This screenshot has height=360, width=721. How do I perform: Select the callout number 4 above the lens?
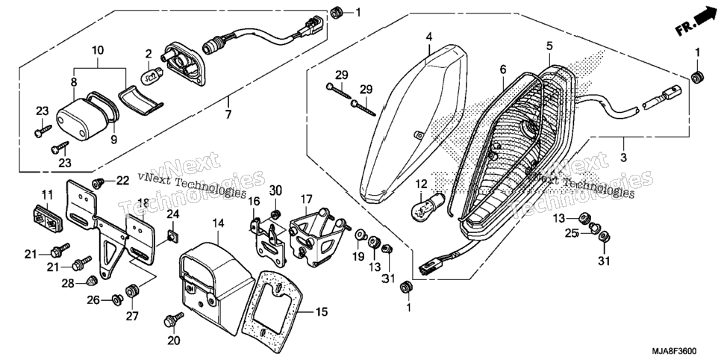[x=428, y=37]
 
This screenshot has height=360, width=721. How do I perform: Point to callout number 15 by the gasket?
[x=322, y=313]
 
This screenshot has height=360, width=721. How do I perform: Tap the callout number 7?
[x=228, y=114]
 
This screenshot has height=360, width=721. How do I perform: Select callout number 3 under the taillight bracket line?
[x=623, y=157]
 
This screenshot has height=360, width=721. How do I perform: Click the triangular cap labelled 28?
[x=93, y=281]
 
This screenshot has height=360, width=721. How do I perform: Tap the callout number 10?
[x=98, y=49]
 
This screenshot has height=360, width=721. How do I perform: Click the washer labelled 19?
[x=360, y=238]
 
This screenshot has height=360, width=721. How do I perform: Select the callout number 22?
[x=122, y=181]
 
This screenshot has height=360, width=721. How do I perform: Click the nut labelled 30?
[x=276, y=214]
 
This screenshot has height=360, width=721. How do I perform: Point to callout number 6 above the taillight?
[x=503, y=69]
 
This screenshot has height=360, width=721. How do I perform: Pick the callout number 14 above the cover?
[x=219, y=223]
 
